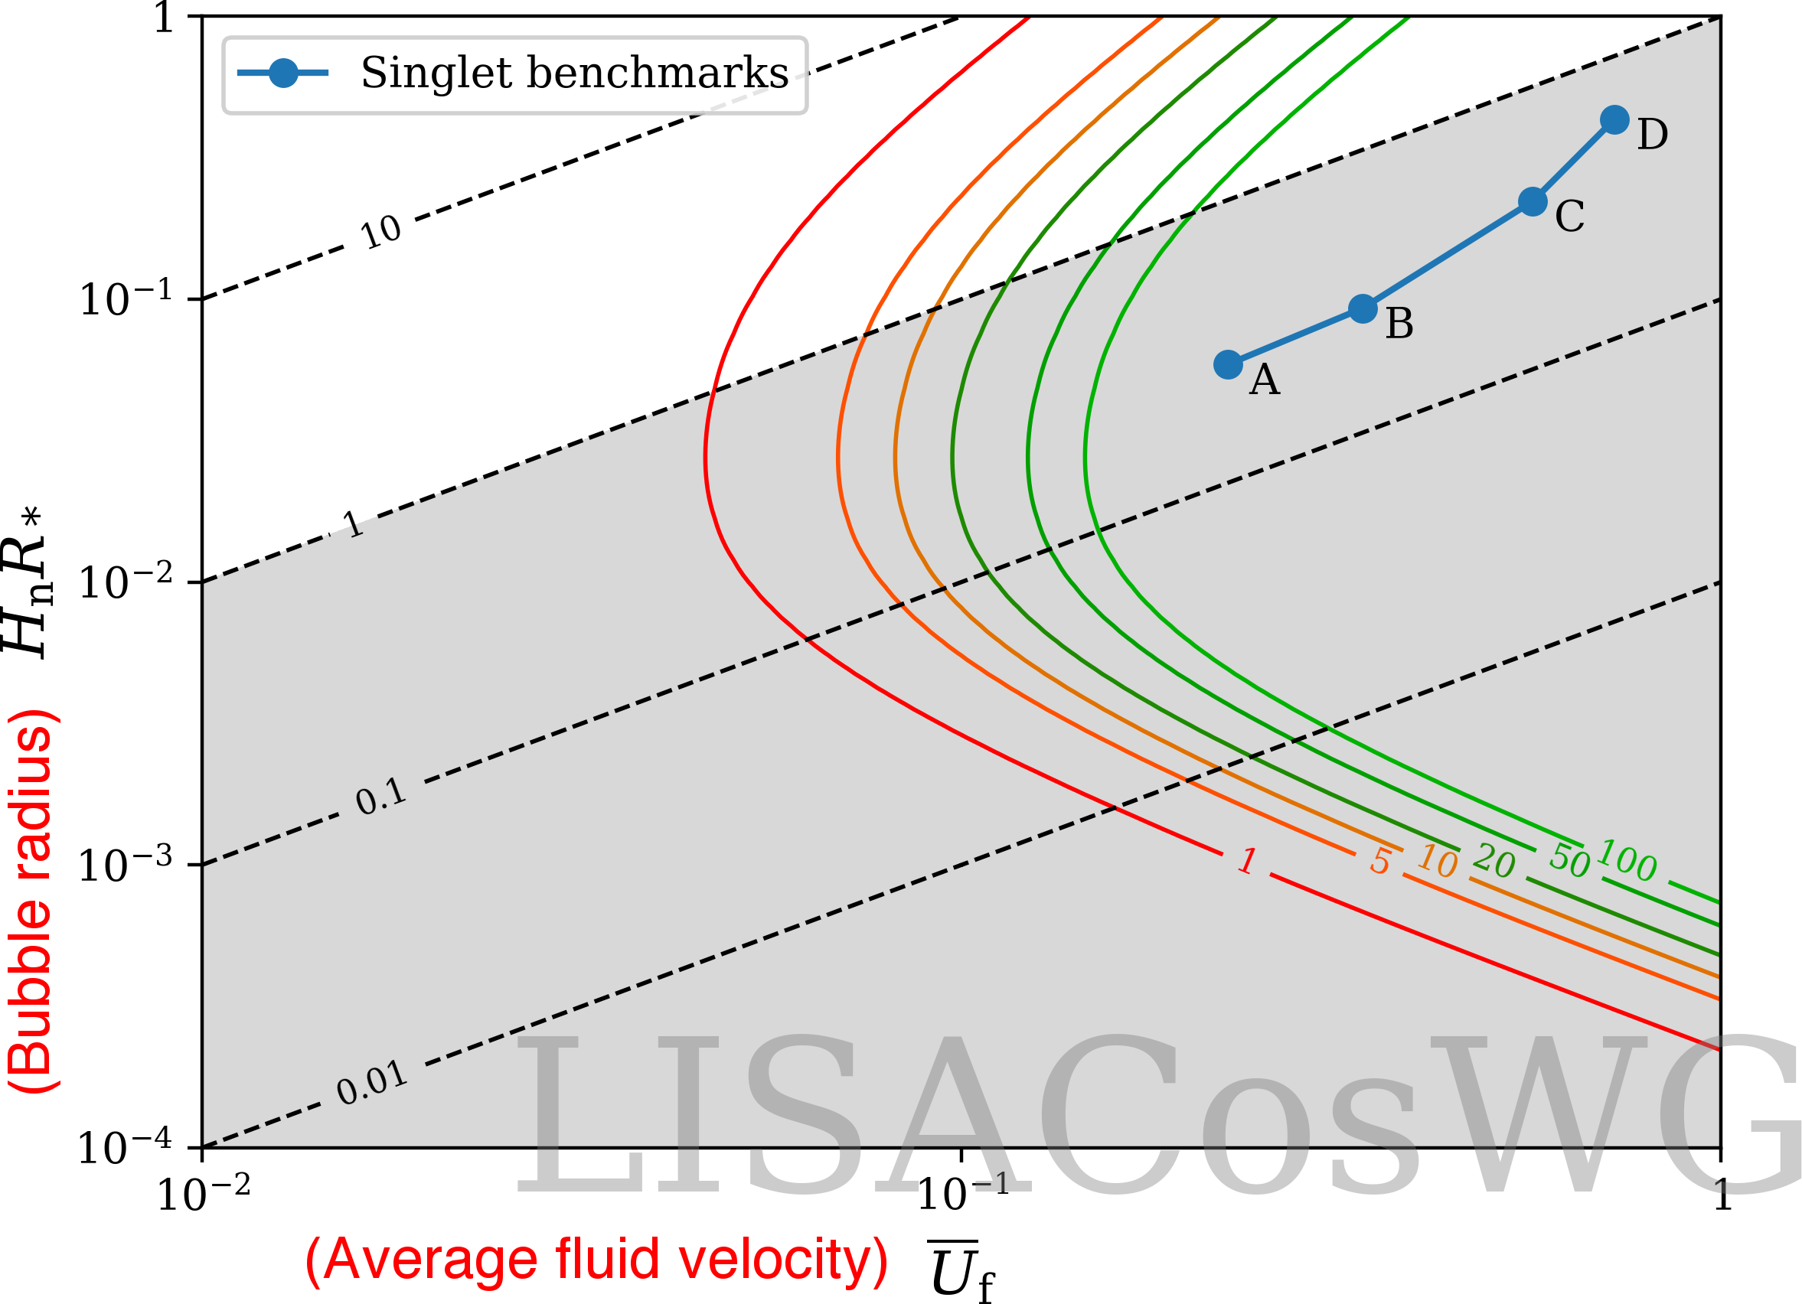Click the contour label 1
pos(1248,861)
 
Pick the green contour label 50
pos(1570,861)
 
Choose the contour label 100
pos(1627,861)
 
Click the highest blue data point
pos(1614,120)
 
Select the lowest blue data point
pos(1228,364)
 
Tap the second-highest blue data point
pos(1533,202)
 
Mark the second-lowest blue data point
pos(1363,309)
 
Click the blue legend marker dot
pos(284,73)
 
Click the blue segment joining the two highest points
pos(1574,161)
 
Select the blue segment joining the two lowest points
pos(1295,337)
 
